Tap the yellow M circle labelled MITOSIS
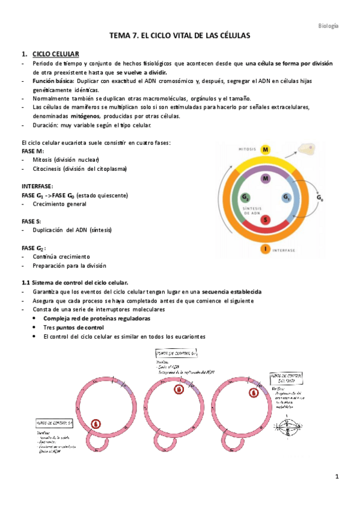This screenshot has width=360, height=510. coord(266,149)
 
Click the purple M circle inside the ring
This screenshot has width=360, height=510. coord(266,178)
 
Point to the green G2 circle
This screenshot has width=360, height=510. coord(245,198)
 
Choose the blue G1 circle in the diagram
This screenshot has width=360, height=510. coord(286,198)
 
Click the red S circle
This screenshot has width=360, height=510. coord(266,220)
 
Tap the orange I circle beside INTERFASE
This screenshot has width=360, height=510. coord(265,248)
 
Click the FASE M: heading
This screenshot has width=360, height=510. coord(33,152)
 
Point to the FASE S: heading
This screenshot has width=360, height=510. coord(31,221)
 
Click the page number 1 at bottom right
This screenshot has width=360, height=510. coord(338,477)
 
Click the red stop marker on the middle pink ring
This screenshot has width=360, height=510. coord(178,390)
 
